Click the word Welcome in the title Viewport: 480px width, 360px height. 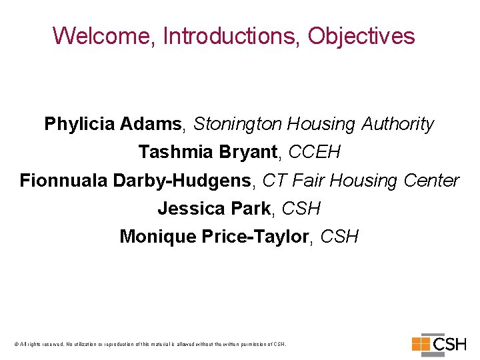104,36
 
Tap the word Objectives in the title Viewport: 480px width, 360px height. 361,36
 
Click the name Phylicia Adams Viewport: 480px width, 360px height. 113,124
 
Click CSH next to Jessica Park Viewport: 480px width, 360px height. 301,209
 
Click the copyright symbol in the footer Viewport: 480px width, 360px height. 16,345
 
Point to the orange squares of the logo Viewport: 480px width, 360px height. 421,344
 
